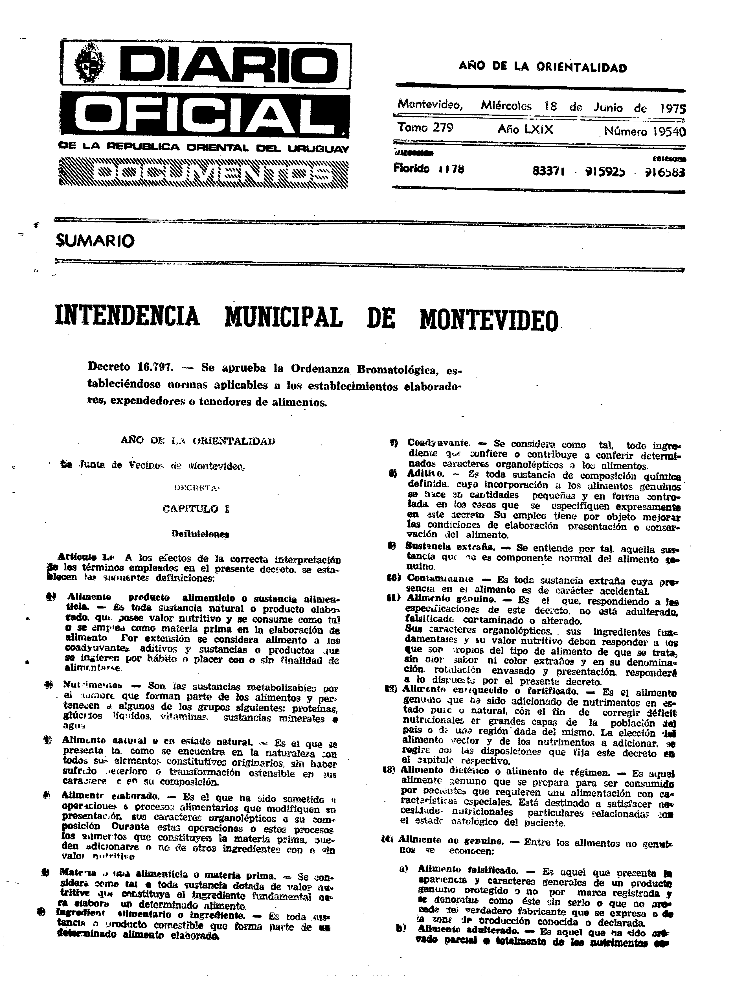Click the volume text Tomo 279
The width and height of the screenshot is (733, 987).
[x=425, y=128]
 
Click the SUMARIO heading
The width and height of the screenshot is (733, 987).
[x=95, y=241]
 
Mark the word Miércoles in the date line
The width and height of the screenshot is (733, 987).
[x=506, y=106]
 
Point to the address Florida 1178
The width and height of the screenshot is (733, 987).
[x=429, y=169]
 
